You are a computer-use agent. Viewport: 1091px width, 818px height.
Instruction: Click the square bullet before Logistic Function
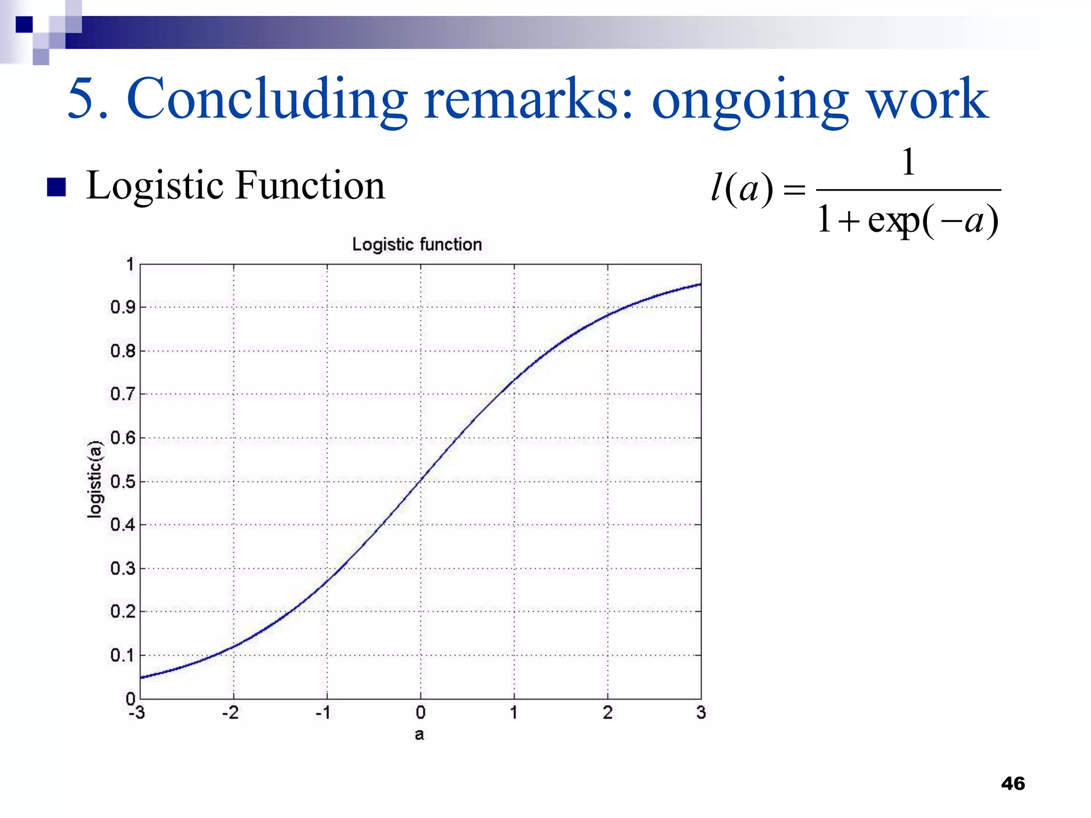pyautogui.click(x=56, y=187)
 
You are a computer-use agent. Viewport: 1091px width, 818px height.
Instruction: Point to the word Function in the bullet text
pyautogui.click(x=310, y=185)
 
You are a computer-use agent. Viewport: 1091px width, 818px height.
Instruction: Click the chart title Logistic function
pyautogui.click(x=417, y=244)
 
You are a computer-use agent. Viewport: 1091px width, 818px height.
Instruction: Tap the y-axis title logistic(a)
pyautogui.click(x=95, y=479)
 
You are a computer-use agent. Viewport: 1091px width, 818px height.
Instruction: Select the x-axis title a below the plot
pyautogui.click(x=419, y=734)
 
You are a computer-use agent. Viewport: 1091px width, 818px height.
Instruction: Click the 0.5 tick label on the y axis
pyautogui.click(x=123, y=481)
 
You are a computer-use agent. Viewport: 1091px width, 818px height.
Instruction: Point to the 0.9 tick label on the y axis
pyautogui.click(x=123, y=307)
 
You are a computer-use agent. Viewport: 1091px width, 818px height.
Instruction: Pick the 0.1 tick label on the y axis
pyautogui.click(x=123, y=655)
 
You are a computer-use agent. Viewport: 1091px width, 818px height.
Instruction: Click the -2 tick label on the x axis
pyautogui.click(x=231, y=713)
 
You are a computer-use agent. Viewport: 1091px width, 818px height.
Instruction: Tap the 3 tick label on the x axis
pyautogui.click(x=701, y=713)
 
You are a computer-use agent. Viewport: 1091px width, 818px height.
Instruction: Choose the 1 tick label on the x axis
pyautogui.click(x=514, y=713)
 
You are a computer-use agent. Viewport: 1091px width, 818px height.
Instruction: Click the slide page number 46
pyautogui.click(x=1013, y=783)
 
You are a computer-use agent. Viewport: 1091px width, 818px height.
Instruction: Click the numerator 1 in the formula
pyautogui.click(x=908, y=162)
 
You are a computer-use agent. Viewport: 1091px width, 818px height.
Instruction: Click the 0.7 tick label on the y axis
pyautogui.click(x=123, y=394)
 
